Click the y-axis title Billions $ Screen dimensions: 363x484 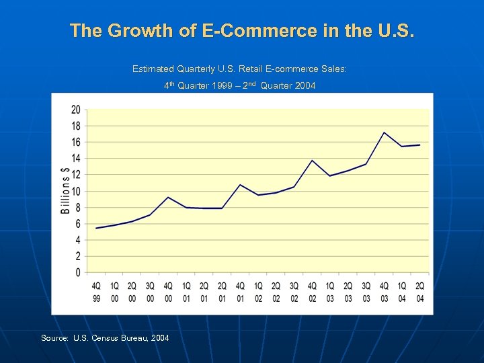click(x=66, y=190)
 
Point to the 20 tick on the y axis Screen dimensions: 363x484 click(x=76, y=110)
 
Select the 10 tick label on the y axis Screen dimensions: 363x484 click(x=76, y=191)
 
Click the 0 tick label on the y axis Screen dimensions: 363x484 click(x=78, y=273)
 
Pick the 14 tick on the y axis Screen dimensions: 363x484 click(x=76, y=159)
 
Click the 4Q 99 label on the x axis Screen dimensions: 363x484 click(x=97, y=292)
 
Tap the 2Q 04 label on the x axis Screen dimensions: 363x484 click(x=420, y=292)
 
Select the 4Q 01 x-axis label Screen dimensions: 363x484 click(x=240, y=292)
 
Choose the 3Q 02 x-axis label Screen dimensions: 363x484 click(x=294, y=292)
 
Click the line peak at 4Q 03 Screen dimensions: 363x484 click(x=384, y=132)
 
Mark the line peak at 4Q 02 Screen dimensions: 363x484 click(x=312, y=160)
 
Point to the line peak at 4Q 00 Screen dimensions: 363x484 click(x=168, y=197)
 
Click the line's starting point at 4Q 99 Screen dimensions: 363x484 click(x=97, y=228)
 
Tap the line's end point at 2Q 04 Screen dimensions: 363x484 click(x=420, y=145)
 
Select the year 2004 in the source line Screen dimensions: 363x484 click(x=160, y=337)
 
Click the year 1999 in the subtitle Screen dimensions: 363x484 click(x=217, y=86)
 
